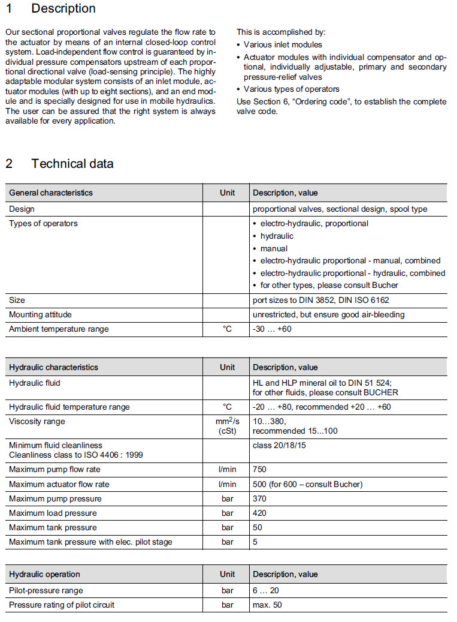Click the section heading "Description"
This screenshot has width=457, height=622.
(x=63, y=9)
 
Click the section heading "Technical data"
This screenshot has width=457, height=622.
(x=72, y=163)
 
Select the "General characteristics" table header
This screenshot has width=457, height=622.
(x=51, y=193)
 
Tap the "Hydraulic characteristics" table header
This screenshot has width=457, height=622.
(x=53, y=367)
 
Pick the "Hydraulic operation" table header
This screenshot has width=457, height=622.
(x=44, y=574)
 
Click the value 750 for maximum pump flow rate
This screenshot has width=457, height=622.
(x=260, y=470)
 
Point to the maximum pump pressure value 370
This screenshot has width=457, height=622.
(x=260, y=498)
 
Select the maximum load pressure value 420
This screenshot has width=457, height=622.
(x=260, y=513)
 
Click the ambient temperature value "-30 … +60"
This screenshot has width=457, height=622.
(x=273, y=329)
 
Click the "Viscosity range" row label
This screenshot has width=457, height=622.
(x=37, y=421)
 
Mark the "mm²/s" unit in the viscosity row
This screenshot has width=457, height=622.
(x=227, y=422)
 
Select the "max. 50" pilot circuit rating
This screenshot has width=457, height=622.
(x=267, y=605)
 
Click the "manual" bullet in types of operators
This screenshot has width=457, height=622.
(x=274, y=248)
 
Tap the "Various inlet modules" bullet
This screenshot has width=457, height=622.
(x=283, y=44)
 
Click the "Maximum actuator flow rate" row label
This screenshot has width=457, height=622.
(x=59, y=484)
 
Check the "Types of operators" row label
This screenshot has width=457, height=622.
(x=43, y=223)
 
